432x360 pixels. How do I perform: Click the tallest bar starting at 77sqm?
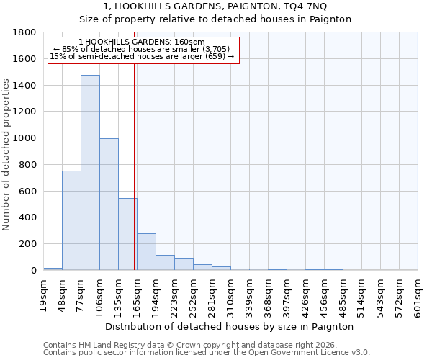(90, 173)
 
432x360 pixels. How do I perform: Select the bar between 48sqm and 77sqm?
(71, 220)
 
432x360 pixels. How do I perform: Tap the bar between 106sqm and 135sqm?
(109, 204)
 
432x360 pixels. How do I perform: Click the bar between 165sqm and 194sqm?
(146, 252)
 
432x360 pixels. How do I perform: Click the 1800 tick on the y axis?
(24, 32)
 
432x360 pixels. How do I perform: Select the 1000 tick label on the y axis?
(24, 138)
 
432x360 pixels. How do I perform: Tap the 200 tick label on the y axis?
(27, 244)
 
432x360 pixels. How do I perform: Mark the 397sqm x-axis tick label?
(287, 297)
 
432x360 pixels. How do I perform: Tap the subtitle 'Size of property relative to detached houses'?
(215, 19)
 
